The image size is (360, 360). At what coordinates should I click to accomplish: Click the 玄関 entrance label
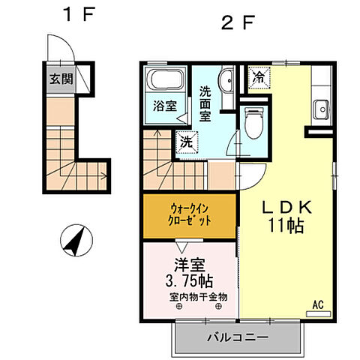pos(61,79)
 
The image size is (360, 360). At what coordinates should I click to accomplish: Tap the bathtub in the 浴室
pos(165,79)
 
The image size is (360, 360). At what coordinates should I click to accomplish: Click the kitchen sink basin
pos(322,109)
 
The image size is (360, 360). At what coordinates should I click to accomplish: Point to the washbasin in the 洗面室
pos(226,80)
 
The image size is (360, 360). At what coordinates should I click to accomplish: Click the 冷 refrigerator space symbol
pos(259,78)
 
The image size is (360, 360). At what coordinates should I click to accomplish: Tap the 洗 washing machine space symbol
pos(187,142)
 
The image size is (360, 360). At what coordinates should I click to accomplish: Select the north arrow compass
pos(76,240)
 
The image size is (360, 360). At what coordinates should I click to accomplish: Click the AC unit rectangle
pos(319,314)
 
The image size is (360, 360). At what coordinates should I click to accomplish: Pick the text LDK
pos(286,208)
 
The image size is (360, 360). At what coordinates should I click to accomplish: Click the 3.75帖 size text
pos(189,280)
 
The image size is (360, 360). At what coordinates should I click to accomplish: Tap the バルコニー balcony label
pos(237,337)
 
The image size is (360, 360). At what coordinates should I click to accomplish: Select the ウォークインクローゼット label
pos(189,215)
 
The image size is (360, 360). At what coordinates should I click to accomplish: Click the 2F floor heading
pos(238,22)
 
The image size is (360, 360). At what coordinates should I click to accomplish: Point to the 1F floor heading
pos(79,14)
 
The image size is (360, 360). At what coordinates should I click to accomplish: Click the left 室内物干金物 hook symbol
pos(179,307)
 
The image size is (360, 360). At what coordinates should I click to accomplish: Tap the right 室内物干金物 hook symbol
pos(218,306)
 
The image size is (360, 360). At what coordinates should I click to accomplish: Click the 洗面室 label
pos(205,103)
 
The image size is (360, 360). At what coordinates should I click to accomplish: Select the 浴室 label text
pos(165,106)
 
